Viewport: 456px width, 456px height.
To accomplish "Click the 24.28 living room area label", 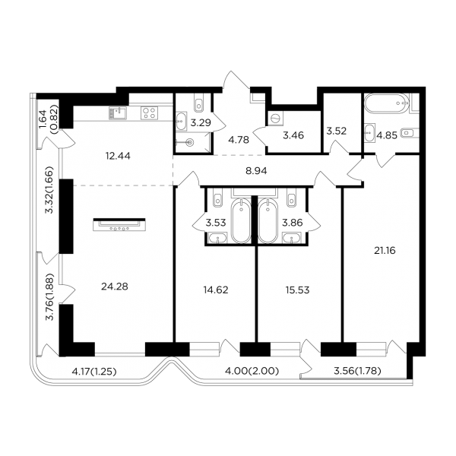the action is click(115, 287).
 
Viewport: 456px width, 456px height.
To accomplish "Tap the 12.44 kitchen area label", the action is click(118, 156).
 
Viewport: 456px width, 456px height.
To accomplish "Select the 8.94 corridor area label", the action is click(256, 171).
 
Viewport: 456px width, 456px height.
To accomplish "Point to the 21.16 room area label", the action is click(385, 250).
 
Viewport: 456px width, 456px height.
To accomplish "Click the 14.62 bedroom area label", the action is click(216, 290).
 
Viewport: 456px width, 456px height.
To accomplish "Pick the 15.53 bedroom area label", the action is click(297, 290).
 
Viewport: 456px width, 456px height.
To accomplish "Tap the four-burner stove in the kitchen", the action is click(150, 112).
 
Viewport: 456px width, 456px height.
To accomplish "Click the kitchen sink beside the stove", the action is click(118, 112).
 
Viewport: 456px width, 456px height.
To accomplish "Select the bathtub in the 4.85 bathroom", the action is click(387, 103).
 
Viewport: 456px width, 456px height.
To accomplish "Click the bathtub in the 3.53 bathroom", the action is click(241, 220).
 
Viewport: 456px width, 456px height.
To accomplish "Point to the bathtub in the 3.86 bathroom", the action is click(268, 220).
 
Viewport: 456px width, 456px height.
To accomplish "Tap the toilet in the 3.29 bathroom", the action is click(199, 103).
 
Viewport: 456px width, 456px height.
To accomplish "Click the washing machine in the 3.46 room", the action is click(275, 119).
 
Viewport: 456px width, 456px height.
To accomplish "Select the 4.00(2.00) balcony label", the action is click(252, 371).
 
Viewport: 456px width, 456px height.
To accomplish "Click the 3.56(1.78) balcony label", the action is click(357, 371).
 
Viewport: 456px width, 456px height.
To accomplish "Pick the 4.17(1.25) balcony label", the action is click(94, 372).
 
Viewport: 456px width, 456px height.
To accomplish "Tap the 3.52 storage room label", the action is click(336, 131).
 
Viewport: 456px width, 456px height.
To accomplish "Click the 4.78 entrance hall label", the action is click(239, 140).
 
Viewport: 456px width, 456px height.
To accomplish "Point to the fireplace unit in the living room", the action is click(119, 224).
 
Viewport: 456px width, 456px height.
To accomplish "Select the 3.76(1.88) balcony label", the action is click(50, 296).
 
